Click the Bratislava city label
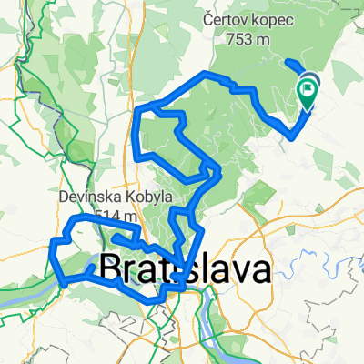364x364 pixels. click(x=184, y=270)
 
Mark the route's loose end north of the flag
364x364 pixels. click(x=288, y=62)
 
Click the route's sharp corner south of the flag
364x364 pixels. click(x=292, y=136)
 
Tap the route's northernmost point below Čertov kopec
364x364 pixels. click(x=211, y=74)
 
